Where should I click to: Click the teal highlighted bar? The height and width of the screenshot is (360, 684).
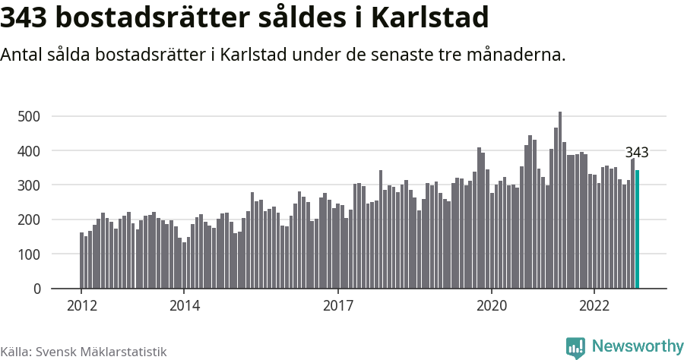637,229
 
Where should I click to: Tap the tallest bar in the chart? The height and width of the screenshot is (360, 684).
560,201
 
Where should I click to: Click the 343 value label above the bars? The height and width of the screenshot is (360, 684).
636,153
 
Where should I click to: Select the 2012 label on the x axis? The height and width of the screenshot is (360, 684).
81,305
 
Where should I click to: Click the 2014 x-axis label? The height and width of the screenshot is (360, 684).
184,305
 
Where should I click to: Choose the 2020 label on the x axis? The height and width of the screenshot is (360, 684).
492,305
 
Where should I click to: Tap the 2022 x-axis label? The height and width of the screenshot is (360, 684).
594,305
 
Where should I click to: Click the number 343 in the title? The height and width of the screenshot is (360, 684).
27,18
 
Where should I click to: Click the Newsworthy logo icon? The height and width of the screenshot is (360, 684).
575,347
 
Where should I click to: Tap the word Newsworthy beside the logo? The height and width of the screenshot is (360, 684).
637,346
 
